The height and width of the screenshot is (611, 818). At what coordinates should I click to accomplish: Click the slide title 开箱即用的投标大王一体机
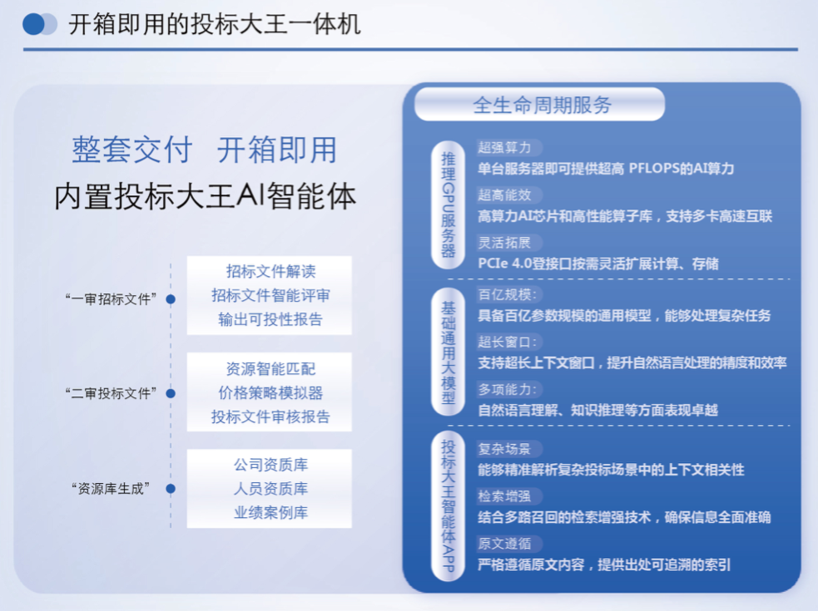pos(214,24)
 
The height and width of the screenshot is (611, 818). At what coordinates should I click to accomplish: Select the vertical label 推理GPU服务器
pos(448,204)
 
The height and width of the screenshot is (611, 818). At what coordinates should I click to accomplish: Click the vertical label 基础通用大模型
pos(448,351)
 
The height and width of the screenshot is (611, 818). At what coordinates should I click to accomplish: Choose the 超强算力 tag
pos(504,147)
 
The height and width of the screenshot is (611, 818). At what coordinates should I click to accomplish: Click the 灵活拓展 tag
pos(504,243)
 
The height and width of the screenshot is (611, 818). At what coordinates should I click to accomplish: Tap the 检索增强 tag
pos(504,496)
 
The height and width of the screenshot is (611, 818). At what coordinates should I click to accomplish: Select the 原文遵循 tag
pos(504,544)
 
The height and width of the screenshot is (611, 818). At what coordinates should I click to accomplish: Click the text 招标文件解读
pos(270,272)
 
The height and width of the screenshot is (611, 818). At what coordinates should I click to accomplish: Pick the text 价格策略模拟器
pos(270,392)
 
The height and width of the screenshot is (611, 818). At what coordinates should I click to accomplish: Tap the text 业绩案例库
pos(270,513)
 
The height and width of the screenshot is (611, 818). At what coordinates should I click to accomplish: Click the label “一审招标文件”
pos(111,299)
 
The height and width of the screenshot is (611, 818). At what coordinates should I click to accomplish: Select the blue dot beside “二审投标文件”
pos(171,393)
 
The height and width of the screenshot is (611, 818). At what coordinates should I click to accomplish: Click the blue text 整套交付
pos(131,150)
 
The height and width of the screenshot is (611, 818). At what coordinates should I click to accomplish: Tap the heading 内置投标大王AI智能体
pos(205,197)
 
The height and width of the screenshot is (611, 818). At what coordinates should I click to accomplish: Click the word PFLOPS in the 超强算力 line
pos(659,169)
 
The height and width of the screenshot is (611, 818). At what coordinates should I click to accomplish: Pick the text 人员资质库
pos(270,489)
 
